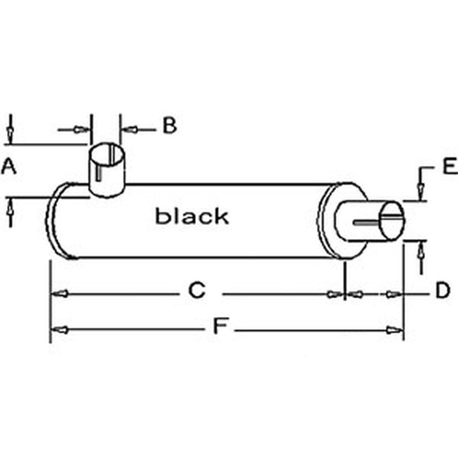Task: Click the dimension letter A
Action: click(x=8, y=167)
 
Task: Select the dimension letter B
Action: click(x=169, y=125)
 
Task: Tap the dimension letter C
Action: click(x=196, y=291)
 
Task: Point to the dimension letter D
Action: click(x=442, y=291)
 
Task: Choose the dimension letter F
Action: click(x=220, y=326)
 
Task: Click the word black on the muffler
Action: click(x=192, y=216)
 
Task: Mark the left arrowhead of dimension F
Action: click(x=60, y=330)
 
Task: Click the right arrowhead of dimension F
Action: click(x=394, y=330)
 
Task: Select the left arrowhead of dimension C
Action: click(x=60, y=294)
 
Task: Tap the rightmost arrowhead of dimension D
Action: click(x=393, y=294)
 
